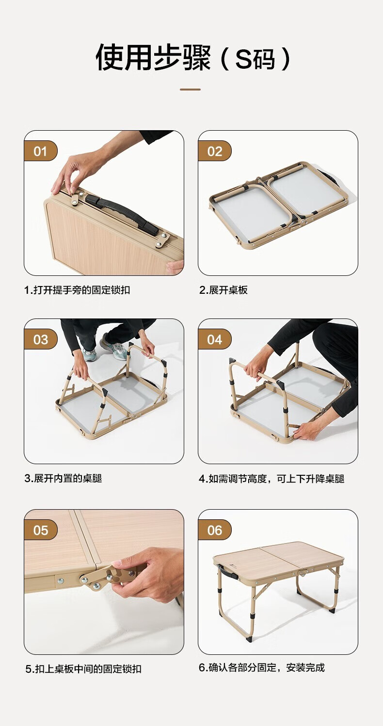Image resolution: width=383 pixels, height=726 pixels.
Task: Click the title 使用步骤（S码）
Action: point(193,58)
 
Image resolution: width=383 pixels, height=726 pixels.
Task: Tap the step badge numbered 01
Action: point(41,151)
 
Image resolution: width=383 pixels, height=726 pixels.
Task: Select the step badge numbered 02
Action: point(215,151)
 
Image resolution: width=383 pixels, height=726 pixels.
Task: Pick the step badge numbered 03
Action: point(41,339)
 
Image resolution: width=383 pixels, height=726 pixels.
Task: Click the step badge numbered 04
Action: point(215,339)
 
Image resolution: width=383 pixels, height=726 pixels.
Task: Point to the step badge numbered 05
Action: point(41,530)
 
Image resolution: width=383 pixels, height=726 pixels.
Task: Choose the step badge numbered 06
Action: point(215,530)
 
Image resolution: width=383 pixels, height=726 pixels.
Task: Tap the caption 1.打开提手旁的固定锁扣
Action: point(77,290)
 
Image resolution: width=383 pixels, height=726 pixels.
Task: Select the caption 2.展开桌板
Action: point(223,290)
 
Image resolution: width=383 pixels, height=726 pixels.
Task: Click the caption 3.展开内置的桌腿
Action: point(64,478)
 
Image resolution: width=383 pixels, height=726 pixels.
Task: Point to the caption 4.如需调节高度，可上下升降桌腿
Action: point(271,479)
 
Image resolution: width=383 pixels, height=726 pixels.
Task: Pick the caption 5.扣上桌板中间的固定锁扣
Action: point(83,669)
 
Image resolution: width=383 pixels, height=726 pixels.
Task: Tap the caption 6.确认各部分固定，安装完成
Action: point(262,667)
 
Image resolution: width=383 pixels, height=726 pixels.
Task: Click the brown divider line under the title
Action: point(190,89)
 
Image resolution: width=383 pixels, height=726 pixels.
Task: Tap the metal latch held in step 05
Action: point(107,576)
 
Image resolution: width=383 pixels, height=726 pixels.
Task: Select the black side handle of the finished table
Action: point(229,573)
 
